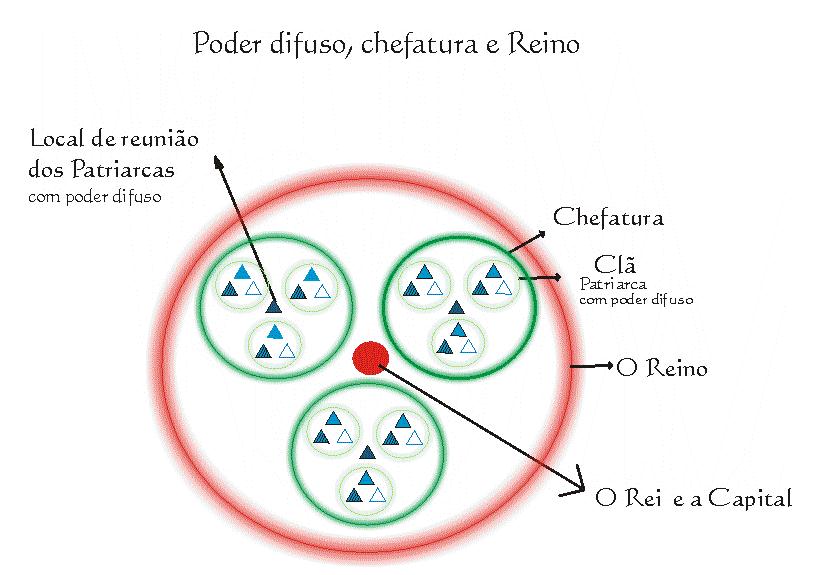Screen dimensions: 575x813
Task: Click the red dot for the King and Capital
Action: [370, 358]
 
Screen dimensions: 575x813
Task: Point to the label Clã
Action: [609, 265]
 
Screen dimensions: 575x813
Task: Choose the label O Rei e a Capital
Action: [693, 497]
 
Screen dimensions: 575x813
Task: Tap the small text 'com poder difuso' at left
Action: [95, 196]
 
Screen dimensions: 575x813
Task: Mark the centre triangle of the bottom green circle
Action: [366, 452]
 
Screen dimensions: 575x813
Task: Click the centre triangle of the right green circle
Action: [455, 307]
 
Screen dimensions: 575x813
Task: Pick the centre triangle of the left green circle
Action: [273, 306]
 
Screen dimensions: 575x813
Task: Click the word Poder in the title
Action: [221, 45]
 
